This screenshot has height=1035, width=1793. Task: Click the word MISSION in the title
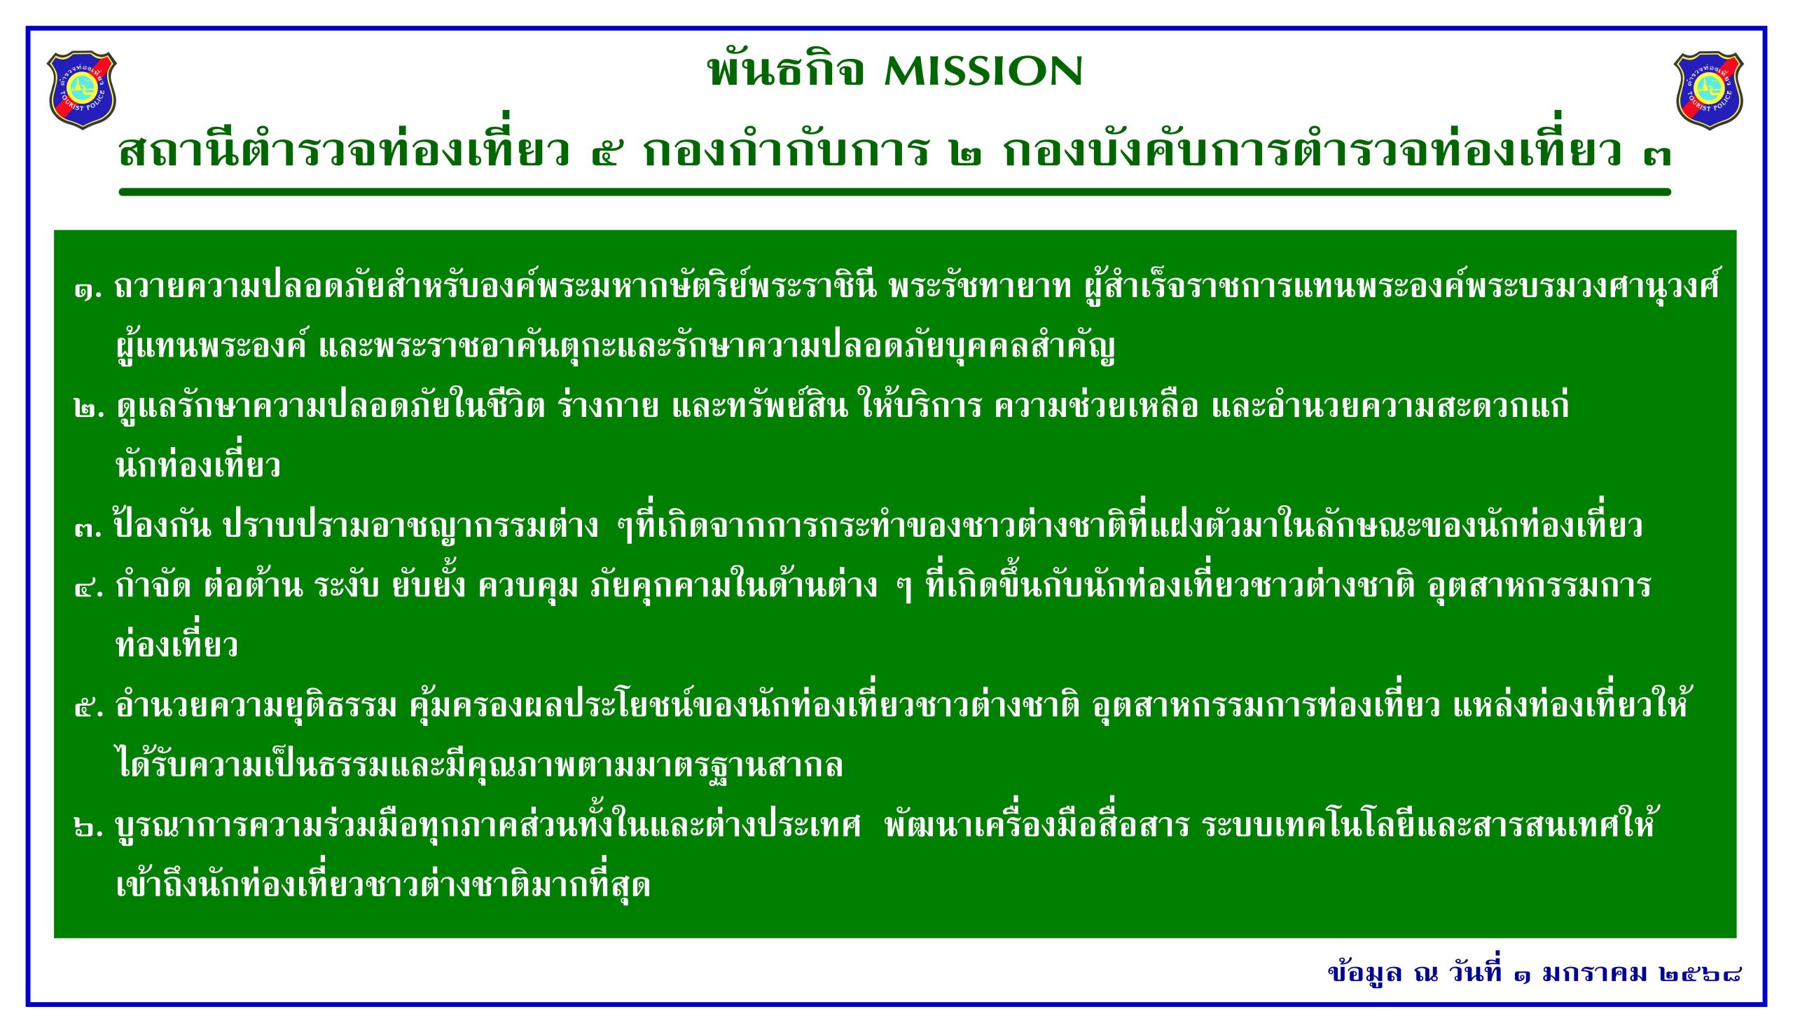[x=983, y=71]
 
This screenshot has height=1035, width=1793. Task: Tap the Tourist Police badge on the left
[x=82, y=90]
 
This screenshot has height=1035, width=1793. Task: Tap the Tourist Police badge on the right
[x=1708, y=90]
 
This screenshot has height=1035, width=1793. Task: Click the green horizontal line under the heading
[x=894, y=192]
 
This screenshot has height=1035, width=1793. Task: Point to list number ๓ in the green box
[x=89, y=528]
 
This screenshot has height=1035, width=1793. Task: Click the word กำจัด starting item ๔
[x=153, y=586]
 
